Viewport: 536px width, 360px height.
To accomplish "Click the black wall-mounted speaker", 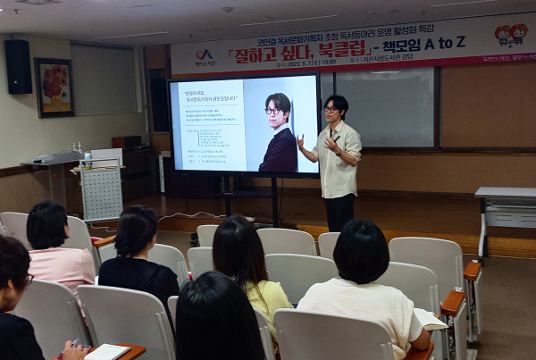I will [x=18, y=66].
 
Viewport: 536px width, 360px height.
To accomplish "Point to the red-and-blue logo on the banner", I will [x=205, y=55].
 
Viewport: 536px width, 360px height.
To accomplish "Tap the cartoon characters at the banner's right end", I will [x=511, y=35].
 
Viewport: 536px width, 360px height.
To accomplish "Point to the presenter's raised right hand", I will [x=301, y=140].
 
